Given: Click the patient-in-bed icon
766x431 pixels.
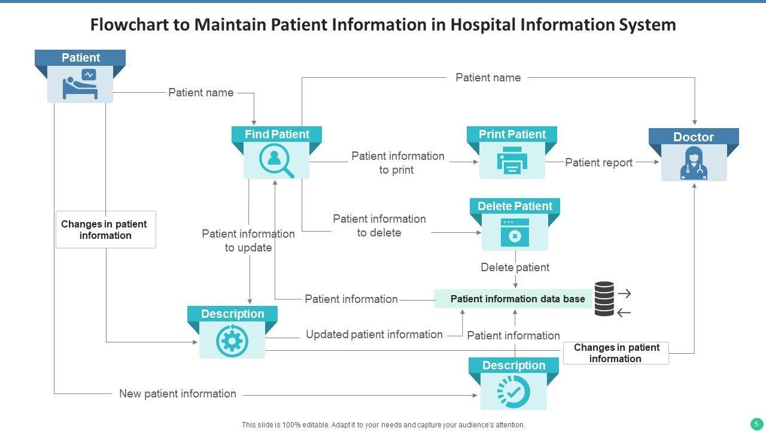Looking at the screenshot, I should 80,84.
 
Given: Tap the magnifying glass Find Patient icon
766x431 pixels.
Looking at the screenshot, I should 276,161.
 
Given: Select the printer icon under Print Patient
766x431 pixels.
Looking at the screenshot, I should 512,161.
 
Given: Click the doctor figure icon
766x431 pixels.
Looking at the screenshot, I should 694,163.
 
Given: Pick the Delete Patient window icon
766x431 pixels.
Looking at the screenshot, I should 515,233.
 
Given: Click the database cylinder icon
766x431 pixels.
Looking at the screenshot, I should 604,299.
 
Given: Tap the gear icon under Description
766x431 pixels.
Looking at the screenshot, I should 232,341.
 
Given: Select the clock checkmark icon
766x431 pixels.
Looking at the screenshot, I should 513,391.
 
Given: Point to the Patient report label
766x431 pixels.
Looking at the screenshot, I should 598,162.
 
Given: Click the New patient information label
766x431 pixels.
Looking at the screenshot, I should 178,393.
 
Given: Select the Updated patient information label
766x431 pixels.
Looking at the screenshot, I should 374,335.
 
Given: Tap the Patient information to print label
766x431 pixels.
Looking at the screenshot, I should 397,163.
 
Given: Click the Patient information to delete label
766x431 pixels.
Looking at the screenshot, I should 379,226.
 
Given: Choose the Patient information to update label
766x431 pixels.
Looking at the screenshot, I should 248,241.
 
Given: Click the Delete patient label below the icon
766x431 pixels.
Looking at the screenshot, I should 515,267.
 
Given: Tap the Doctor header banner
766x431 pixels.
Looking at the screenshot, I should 694,137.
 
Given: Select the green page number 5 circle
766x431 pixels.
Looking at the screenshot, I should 756,423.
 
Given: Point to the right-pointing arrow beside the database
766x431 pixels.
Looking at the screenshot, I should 624,293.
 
